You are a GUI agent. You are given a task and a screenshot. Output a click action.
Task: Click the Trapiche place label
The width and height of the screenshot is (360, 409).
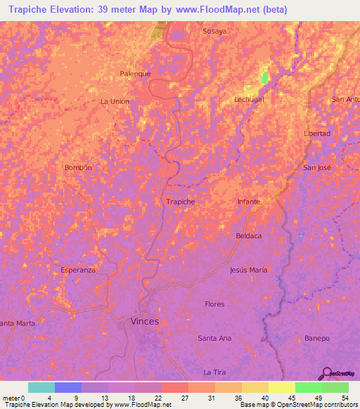pyautogui.click(x=180, y=202)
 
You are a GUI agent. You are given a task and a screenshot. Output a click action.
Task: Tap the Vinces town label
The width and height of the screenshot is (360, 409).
pyautogui.click(x=144, y=321)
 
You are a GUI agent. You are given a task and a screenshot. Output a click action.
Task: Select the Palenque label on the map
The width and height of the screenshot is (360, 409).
pyautogui.click(x=136, y=73)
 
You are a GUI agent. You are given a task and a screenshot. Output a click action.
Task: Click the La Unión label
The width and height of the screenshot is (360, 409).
pyautogui.click(x=115, y=101)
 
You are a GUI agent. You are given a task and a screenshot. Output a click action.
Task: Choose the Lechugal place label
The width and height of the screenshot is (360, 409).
pyautogui.click(x=248, y=100)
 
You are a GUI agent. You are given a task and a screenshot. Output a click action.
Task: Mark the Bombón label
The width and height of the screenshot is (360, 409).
pyautogui.click(x=78, y=168)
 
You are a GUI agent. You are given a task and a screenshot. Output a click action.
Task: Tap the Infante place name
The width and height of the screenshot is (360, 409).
pyautogui.click(x=248, y=202)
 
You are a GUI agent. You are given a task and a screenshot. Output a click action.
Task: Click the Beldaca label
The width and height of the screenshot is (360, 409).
pyautogui.click(x=248, y=235)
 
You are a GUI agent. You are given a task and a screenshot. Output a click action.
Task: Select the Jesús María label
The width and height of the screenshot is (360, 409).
pyautogui.click(x=248, y=270)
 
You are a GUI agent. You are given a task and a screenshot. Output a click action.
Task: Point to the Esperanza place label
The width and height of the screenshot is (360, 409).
pyautogui.click(x=78, y=270)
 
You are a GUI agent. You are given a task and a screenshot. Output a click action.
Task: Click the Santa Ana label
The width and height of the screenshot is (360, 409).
pyautogui.click(x=214, y=338)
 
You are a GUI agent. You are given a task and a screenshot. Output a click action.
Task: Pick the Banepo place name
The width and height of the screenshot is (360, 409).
pyautogui.click(x=317, y=338)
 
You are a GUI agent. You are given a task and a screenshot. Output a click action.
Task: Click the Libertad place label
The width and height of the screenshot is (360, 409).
pyautogui.click(x=316, y=134)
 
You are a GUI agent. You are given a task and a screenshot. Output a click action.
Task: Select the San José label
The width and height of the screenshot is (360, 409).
pyautogui.click(x=316, y=168)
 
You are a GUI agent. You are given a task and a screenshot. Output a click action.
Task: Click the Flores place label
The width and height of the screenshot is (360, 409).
pyautogui.click(x=214, y=304)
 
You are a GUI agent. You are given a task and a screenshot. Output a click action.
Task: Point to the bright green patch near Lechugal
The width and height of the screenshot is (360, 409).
pyautogui.click(x=265, y=76)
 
